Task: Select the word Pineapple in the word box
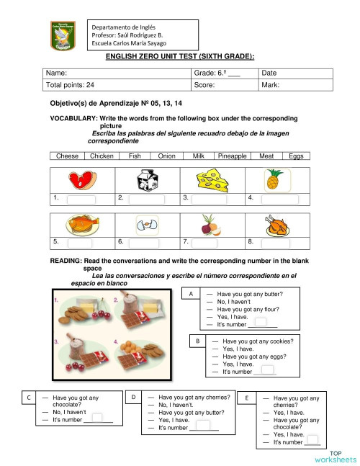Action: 233,156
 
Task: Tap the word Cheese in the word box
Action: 68,156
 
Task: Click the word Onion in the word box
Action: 166,156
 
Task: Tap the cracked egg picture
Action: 148,225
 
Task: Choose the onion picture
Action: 211,225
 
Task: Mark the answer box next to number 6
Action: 146,243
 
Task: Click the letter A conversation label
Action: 191,295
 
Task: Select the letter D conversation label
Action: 134,397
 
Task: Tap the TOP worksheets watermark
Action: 335,454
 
